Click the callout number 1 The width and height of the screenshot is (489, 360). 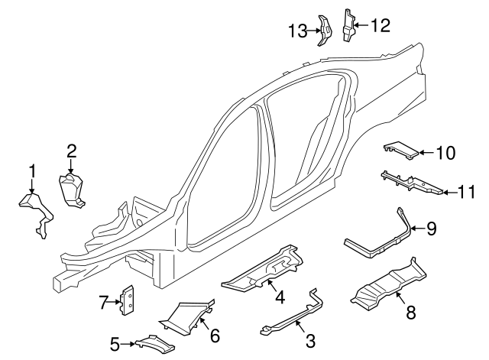[32, 169]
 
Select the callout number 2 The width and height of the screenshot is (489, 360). [71, 151]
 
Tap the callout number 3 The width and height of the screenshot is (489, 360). [309, 340]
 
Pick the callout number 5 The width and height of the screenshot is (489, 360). [115, 345]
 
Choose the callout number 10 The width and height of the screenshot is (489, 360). [445, 153]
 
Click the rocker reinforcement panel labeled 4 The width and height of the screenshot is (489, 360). [260, 271]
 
